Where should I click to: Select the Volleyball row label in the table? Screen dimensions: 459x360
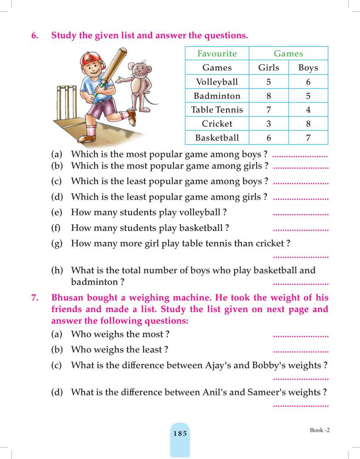(x=217, y=82)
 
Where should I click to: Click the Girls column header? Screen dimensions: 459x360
(x=269, y=67)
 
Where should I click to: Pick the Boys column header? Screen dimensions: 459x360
(x=308, y=67)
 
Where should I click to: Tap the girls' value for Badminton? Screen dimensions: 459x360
(x=269, y=96)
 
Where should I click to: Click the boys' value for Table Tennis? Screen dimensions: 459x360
(x=308, y=110)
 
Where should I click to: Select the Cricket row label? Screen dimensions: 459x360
(x=217, y=123)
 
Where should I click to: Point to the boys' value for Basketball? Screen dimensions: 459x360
(x=308, y=137)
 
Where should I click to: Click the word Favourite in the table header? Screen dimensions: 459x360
(x=217, y=53)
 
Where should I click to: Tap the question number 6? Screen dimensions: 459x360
(x=35, y=35)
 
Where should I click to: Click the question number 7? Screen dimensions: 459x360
(x=35, y=297)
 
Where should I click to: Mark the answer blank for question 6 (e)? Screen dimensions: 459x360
(x=301, y=214)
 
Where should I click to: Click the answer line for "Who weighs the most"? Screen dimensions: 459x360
(x=301, y=336)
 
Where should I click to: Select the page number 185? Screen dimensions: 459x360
(x=180, y=433)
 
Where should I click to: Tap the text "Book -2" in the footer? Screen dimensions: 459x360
(x=320, y=430)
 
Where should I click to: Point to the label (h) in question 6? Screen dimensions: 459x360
(x=57, y=271)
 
